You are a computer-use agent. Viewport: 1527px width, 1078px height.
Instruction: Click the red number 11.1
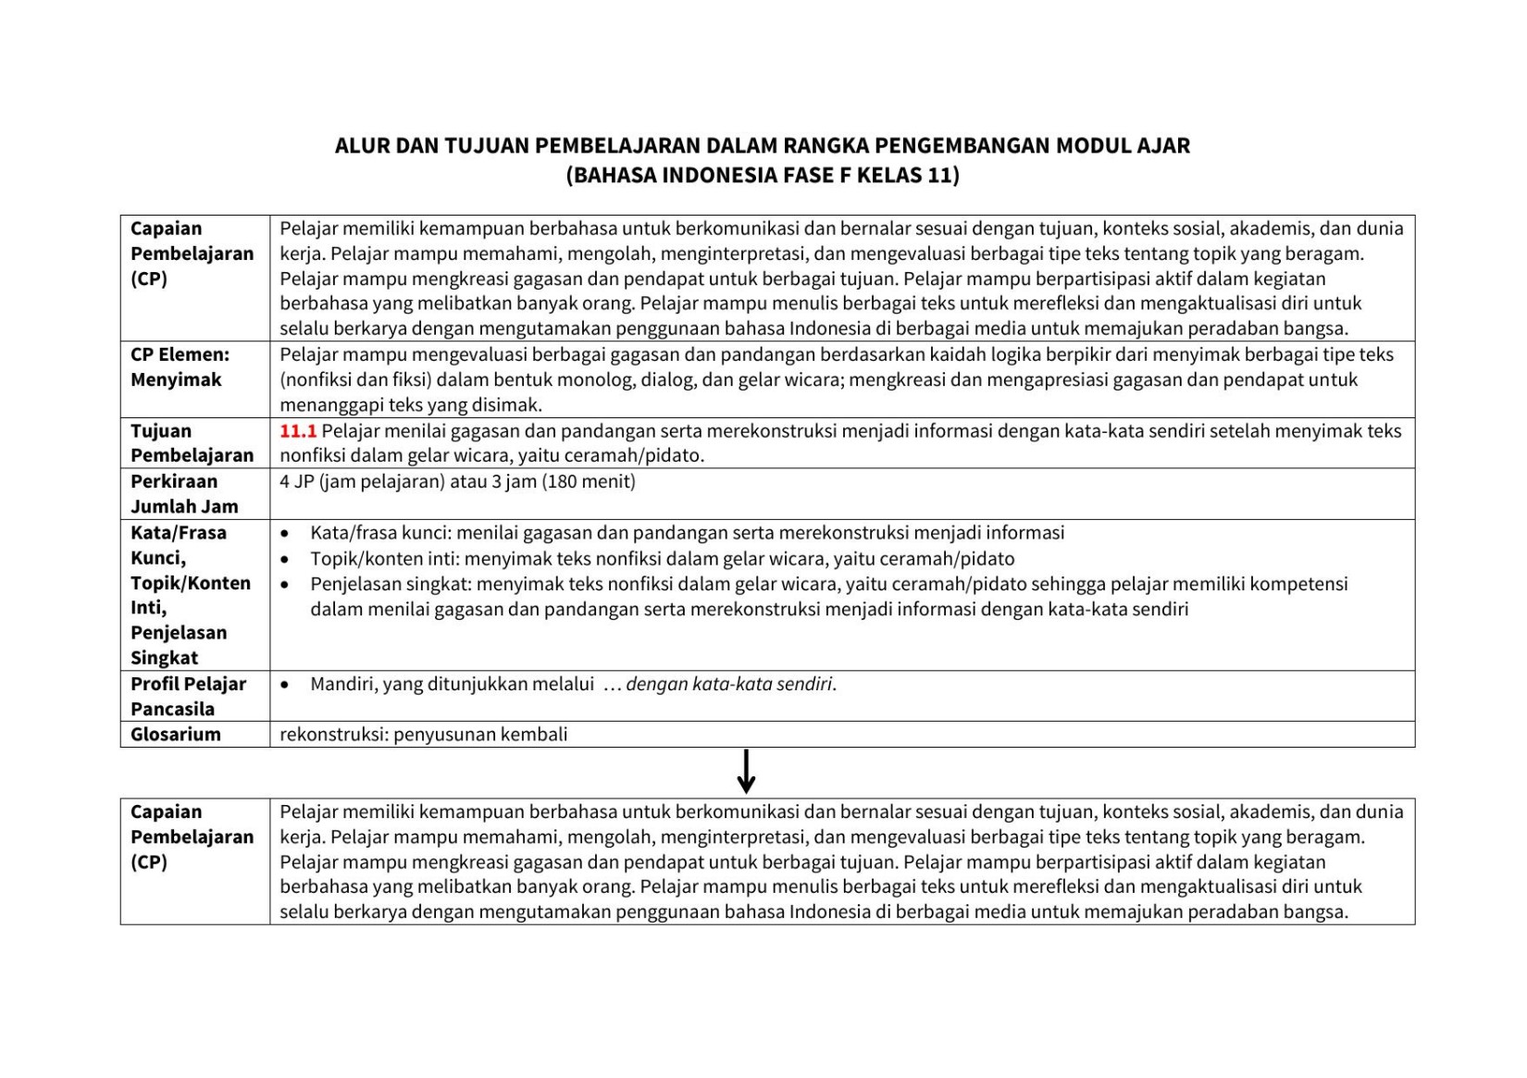pyautogui.click(x=298, y=431)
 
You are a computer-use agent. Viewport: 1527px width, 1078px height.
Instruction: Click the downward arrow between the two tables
pyautogui.click(x=746, y=772)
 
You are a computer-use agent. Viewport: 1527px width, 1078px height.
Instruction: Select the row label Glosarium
pyautogui.click(x=176, y=735)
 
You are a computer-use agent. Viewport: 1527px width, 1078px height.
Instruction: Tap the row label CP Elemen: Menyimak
pyautogui.click(x=180, y=367)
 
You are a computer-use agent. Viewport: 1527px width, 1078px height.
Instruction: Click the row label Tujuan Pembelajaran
pyautogui.click(x=192, y=443)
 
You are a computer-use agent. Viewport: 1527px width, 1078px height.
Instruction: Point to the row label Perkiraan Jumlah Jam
pyautogui.click(x=184, y=494)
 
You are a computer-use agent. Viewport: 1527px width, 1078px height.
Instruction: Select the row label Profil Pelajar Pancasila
pyautogui.click(x=188, y=697)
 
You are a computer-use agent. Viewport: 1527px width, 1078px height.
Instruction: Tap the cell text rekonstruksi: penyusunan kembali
pyautogui.click(x=424, y=735)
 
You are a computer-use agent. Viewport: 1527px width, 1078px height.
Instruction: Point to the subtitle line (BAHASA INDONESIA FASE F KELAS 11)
pyautogui.click(x=763, y=176)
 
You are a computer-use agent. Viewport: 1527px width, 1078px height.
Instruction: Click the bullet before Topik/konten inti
pyautogui.click(x=284, y=560)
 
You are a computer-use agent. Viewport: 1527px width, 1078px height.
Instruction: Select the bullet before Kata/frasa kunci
pyautogui.click(x=284, y=534)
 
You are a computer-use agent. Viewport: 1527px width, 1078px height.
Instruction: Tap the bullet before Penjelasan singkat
pyautogui.click(x=284, y=585)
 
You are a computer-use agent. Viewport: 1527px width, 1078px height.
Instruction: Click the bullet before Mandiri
pyautogui.click(x=284, y=685)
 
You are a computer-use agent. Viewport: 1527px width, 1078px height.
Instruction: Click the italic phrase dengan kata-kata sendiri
pyautogui.click(x=730, y=685)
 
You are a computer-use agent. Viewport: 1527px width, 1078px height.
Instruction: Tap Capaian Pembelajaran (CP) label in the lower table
pyautogui.click(x=192, y=836)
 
